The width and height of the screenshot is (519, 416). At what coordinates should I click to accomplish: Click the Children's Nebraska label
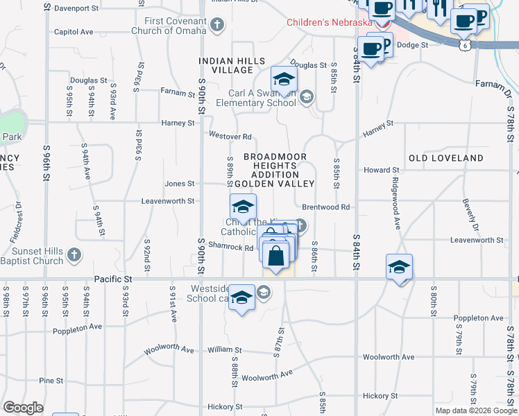330,22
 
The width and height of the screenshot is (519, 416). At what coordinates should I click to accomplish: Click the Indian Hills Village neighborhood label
232,66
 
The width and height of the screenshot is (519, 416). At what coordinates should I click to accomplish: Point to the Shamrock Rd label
230,248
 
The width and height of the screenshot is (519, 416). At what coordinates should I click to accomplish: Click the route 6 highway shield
463,44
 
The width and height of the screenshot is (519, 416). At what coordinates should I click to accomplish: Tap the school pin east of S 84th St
399,267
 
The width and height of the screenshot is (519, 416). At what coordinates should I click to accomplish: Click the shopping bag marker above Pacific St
276,255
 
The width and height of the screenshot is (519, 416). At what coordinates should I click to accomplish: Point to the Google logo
23,408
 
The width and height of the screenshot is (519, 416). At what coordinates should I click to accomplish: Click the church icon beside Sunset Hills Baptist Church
74,256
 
